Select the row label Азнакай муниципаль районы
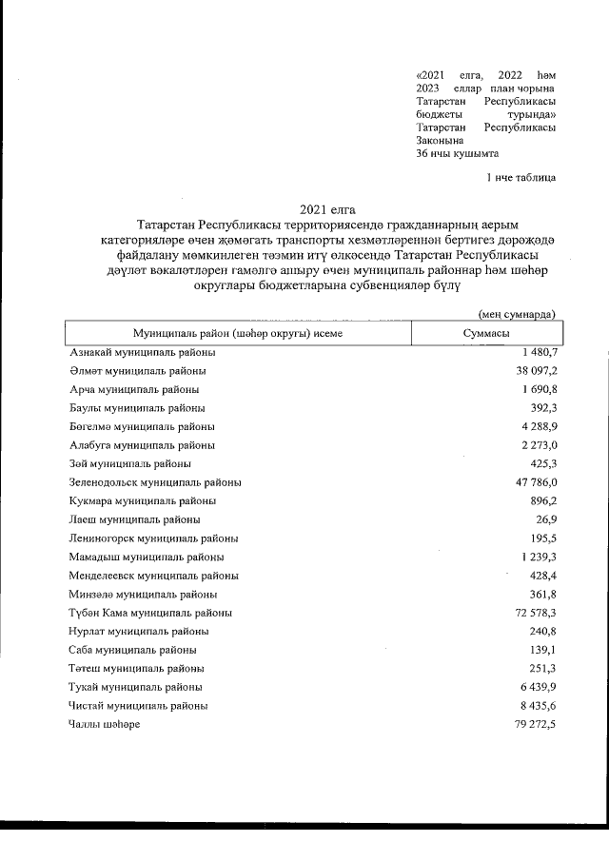tap(137, 353)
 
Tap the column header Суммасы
tap(485, 334)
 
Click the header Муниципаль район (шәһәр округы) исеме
tap(238, 334)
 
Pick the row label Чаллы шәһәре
tap(105, 724)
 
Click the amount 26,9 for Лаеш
tap(547, 519)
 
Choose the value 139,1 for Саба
tap(543, 650)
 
